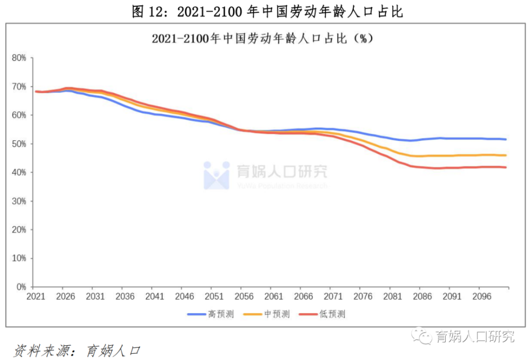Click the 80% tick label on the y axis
(x=19, y=58)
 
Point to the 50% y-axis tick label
(x=19, y=144)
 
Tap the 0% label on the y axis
(x=21, y=287)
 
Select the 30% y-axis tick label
(x=19, y=201)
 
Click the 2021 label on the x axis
(x=36, y=297)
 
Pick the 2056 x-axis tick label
(x=244, y=297)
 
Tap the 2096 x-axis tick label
(x=482, y=297)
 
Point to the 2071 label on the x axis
(x=333, y=297)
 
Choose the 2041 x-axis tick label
(x=155, y=297)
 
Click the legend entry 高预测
(x=211, y=314)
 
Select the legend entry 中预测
(x=267, y=314)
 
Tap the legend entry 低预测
(x=322, y=314)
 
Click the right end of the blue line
(x=506, y=139)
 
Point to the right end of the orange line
(x=506, y=155)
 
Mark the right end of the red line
(x=506, y=167)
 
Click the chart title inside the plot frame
(x=262, y=39)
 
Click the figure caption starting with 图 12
(x=268, y=11)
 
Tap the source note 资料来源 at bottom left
(x=77, y=351)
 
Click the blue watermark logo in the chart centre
(x=217, y=175)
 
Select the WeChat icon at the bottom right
(x=421, y=336)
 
